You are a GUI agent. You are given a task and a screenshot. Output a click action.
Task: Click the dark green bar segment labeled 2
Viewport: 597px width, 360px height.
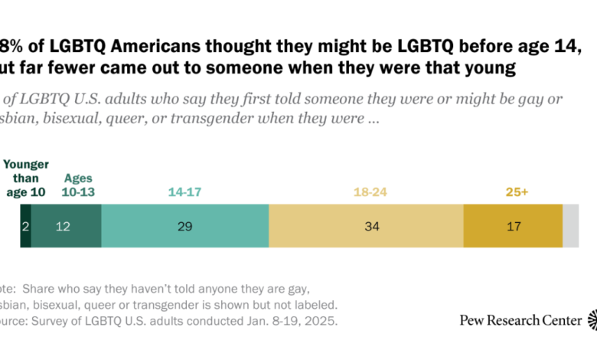coord(25,226)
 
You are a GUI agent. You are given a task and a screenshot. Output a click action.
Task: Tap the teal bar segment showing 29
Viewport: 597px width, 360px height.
coord(184,226)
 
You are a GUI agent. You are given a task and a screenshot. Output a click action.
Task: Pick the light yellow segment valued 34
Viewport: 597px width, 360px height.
coord(366,226)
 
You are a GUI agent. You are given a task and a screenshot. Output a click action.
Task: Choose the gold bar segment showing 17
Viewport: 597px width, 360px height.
coord(513,226)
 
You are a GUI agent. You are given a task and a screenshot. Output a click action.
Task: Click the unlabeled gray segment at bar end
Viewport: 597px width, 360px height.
coord(571,226)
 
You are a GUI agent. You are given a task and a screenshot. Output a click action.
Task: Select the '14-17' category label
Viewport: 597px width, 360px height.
coord(184,191)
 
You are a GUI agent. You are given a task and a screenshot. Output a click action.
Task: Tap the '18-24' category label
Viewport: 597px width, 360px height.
coord(366,191)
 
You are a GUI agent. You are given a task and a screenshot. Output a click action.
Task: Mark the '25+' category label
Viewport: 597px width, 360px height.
coord(513,191)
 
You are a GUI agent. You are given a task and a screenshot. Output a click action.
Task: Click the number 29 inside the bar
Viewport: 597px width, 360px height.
coord(184,227)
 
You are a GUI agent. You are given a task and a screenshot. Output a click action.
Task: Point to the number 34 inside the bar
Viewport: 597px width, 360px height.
coord(366,227)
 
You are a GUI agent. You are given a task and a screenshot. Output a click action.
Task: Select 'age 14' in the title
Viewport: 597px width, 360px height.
coord(547,48)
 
